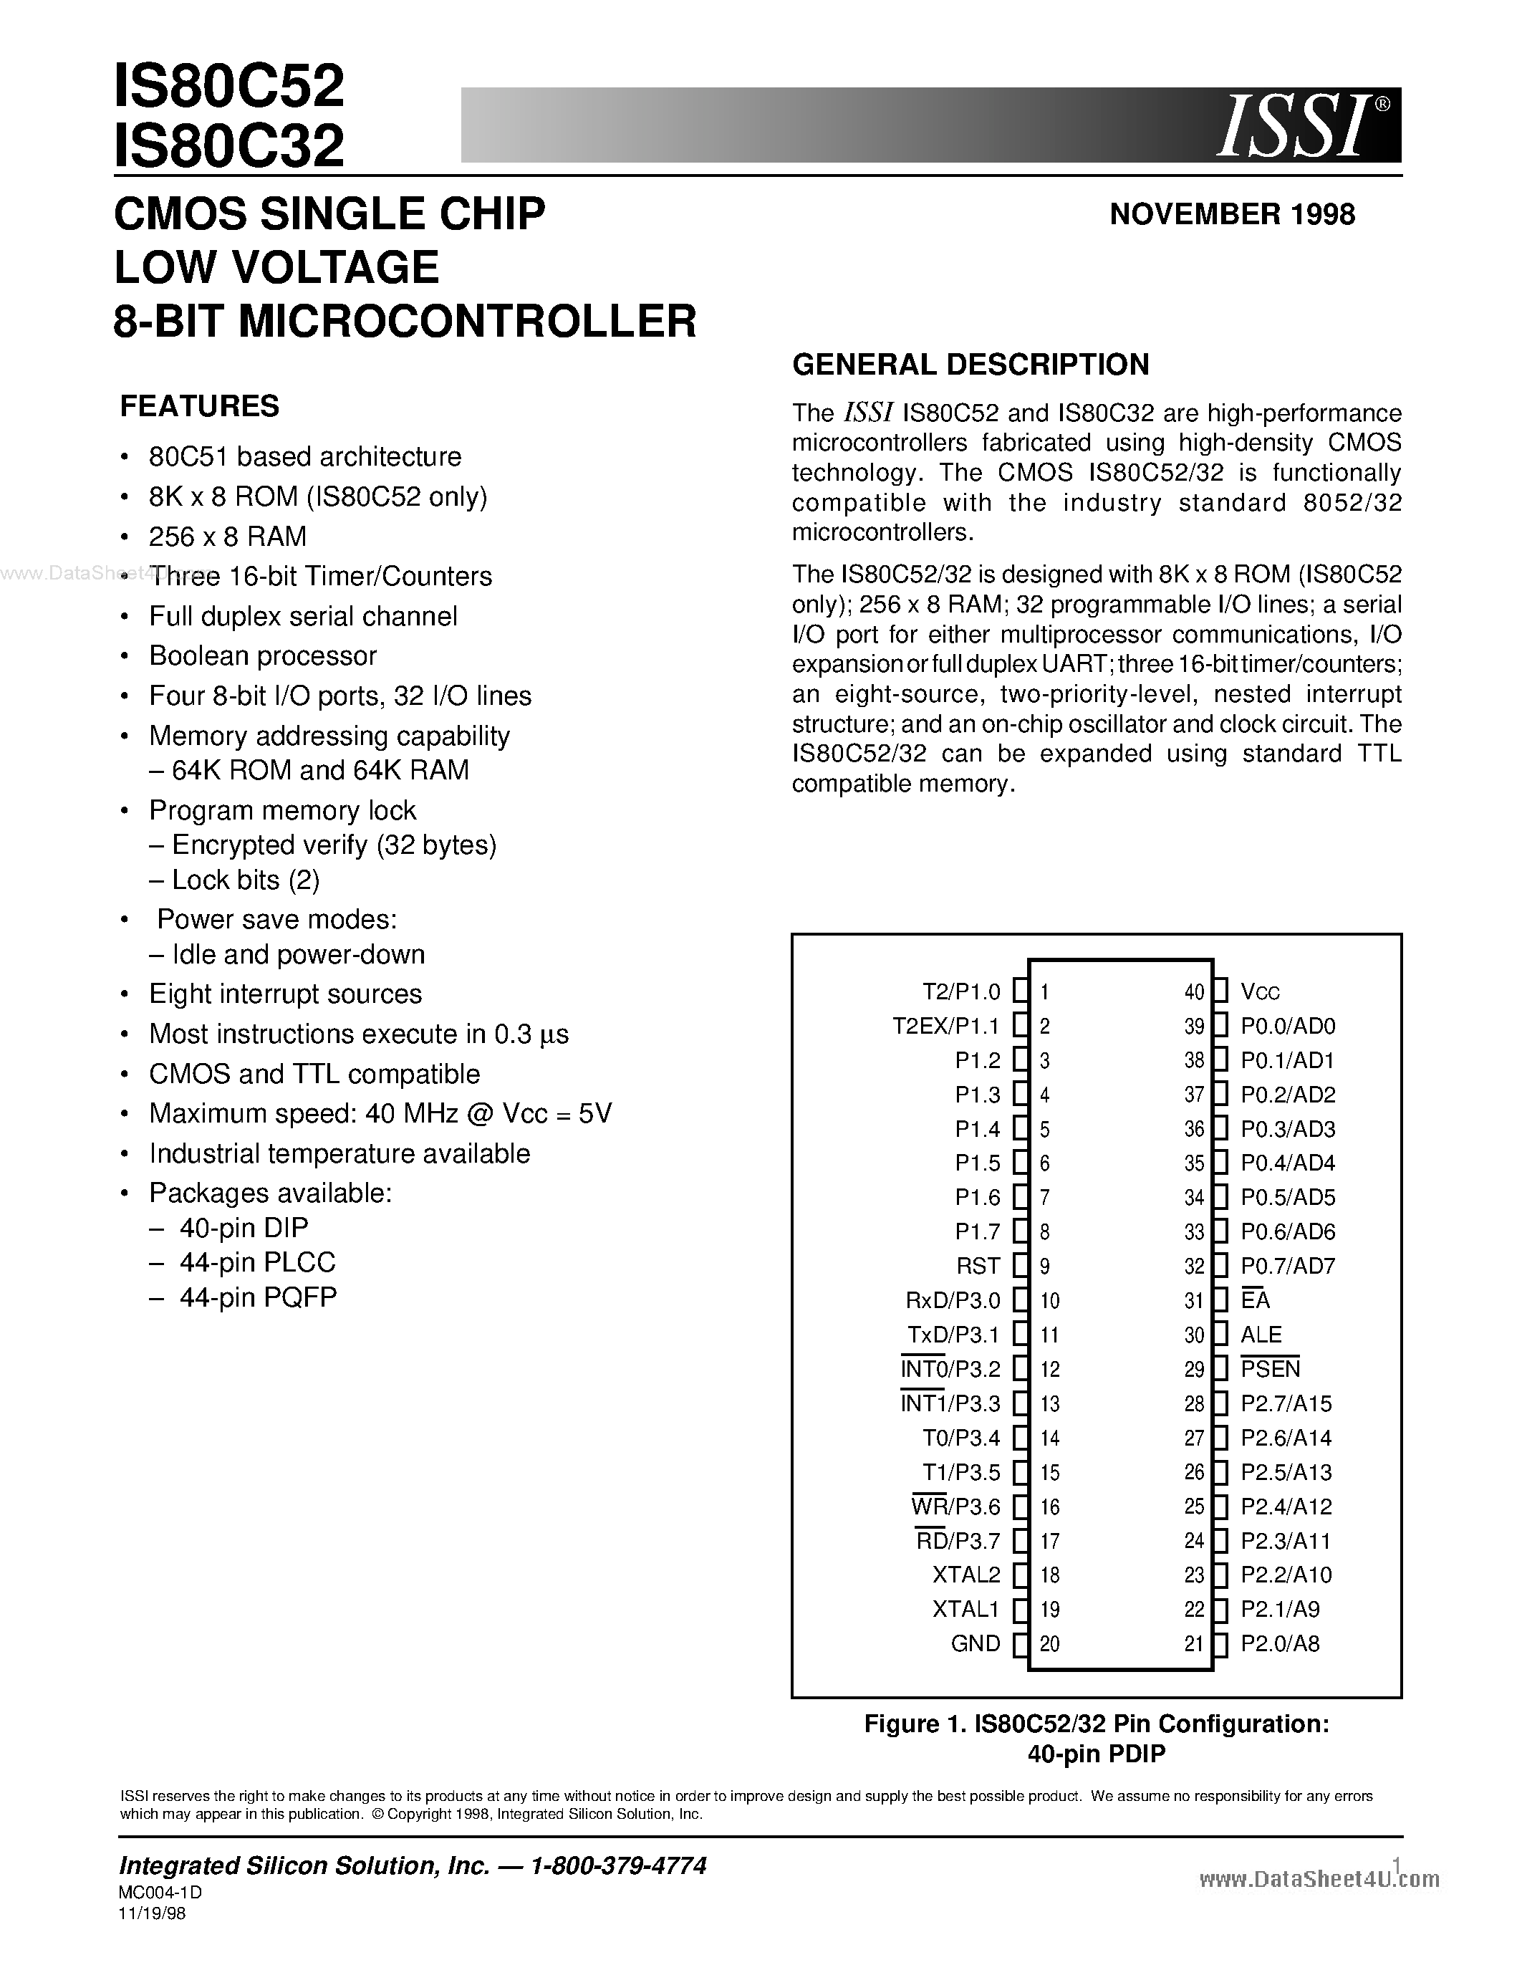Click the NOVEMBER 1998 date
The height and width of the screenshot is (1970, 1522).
tap(1232, 215)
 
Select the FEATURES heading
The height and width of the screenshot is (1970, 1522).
tap(199, 407)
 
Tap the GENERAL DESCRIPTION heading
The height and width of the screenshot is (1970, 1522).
tap(970, 365)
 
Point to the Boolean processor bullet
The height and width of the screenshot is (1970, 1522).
tap(262, 655)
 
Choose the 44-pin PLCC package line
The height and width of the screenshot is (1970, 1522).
tap(257, 1262)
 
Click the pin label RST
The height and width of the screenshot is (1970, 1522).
tap(978, 1267)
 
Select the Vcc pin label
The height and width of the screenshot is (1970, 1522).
tap(1260, 992)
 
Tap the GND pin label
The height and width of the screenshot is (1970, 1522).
tap(975, 1643)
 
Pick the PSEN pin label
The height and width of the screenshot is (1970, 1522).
tap(1270, 1369)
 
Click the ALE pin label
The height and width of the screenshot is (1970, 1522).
tap(1261, 1335)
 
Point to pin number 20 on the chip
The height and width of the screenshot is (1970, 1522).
tap(1049, 1643)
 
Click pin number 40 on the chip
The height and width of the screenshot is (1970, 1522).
tap(1194, 992)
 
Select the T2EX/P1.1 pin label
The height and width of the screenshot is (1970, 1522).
tap(946, 1027)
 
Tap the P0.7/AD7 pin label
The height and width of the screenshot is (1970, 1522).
tap(1288, 1267)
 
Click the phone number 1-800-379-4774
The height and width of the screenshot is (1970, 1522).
tap(619, 1866)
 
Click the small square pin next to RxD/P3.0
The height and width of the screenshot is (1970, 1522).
tap(1020, 1301)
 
